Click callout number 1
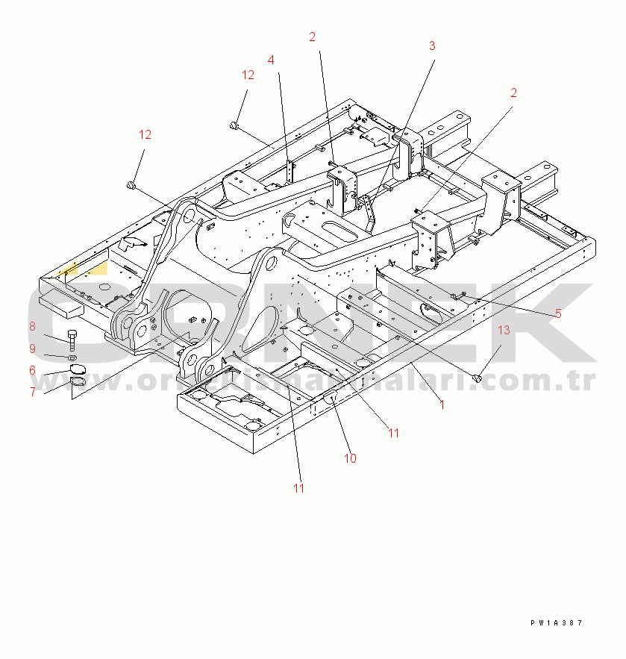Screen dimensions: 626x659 pyautogui.click(x=442, y=405)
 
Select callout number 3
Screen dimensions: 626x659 pyautogui.click(x=431, y=46)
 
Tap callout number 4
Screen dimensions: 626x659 pyautogui.click(x=271, y=60)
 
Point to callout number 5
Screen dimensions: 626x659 pyautogui.click(x=557, y=313)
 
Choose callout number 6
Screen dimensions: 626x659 pyautogui.click(x=32, y=370)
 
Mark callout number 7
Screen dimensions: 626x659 pyautogui.click(x=32, y=392)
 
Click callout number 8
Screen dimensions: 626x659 pyautogui.click(x=32, y=326)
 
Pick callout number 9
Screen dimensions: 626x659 pyautogui.click(x=32, y=349)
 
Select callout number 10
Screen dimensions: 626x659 pyautogui.click(x=350, y=458)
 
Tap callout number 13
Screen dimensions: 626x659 pyautogui.click(x=504, y=330)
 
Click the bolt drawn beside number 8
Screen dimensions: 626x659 pyautogui.click(x=72, y=340)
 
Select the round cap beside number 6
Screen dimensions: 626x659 pyautogui.click(x=78, y=370)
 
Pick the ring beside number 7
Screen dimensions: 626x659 pyautogui.click(x=78, y=383)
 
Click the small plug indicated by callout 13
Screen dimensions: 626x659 pyautogui.click(x=478, y=378)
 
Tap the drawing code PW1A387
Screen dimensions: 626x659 pyautogui.click(x=556, y=622)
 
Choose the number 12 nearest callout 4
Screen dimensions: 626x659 pyautogui.click(x=248, y=75)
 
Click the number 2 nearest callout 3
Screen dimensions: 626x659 pyautogui.click(x=312, y=37)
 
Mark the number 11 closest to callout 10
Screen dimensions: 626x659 pyautogui.click(x=393, y=433)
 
